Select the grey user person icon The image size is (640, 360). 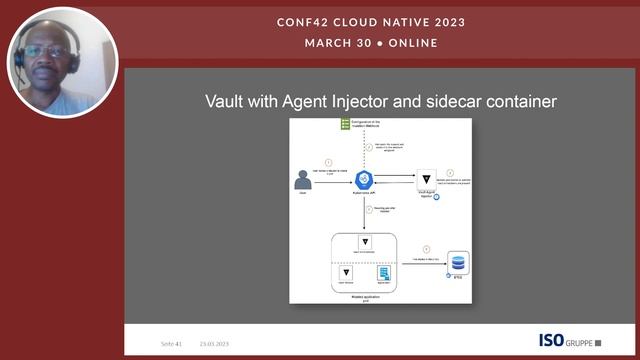(302, 180)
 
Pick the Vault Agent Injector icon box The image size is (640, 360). (426, 174)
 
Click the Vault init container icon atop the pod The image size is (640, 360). (365, 243)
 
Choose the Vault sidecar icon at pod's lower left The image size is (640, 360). (345, 273)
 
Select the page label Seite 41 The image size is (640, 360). (171, 343)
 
